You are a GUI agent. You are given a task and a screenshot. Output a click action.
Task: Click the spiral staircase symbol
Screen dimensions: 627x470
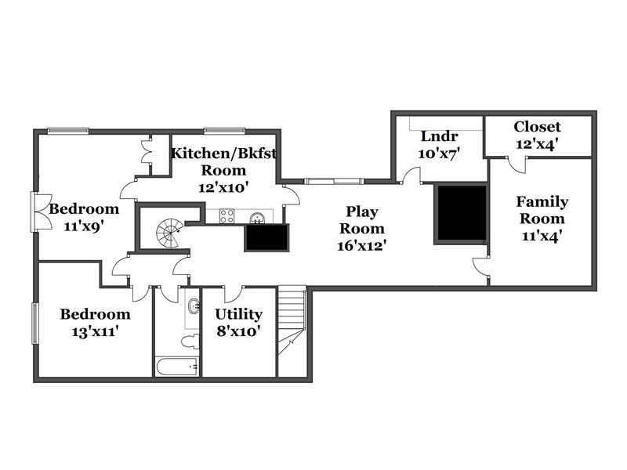tap(169, 233)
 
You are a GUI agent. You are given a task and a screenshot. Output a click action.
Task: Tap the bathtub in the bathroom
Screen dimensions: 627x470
tap(176, 366)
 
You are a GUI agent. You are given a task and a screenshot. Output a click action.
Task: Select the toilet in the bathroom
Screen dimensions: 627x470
tap(190, 341)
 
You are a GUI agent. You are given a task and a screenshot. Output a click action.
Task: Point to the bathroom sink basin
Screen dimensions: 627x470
tap(194, 306)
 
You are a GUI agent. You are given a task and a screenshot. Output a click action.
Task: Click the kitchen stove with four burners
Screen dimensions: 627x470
tap(227, 216)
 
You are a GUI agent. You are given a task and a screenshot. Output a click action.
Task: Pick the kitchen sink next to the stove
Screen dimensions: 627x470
tap(257, 218)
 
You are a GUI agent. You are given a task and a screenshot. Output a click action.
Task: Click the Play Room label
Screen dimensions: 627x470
tap(362, 228)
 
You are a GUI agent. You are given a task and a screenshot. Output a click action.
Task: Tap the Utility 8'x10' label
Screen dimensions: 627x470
tap(239, 322)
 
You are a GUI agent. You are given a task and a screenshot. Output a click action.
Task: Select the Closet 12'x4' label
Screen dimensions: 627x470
tap(537, 135)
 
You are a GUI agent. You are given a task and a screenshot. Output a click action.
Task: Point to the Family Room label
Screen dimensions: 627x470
tap(542, 219)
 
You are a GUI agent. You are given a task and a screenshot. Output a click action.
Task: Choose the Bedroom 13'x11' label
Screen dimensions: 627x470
tap(95, 323)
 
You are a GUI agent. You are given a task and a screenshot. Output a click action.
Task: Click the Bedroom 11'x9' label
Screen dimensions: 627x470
tap(84, 217)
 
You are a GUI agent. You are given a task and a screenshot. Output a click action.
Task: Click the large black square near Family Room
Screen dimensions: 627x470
tap(462, 213)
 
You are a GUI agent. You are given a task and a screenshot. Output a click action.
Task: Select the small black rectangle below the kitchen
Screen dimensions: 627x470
tap(266, 238)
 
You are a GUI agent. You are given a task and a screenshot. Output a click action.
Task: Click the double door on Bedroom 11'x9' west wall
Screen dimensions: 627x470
tap(42, 211)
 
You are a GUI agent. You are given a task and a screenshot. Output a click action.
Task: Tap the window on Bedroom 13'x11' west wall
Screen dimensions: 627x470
tap(35, 324)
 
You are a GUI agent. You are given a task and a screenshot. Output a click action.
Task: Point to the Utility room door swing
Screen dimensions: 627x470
tap(233, 295)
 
